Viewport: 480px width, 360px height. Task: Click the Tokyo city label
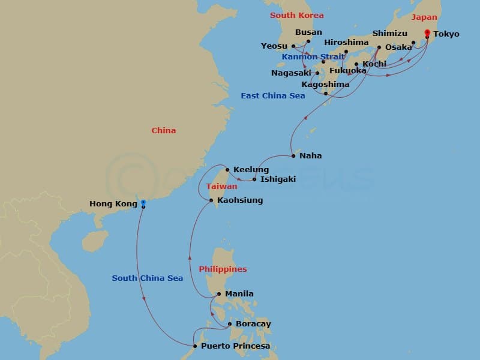(446, 34)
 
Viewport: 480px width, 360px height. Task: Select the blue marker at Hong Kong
(143, 202)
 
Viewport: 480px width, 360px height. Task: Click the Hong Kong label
(113, 204)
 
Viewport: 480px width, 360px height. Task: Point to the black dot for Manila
(220, 294)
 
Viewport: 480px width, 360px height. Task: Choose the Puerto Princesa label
(235, 346)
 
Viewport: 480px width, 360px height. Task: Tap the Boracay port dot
(230, 325)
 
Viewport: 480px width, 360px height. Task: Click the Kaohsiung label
(240, 200)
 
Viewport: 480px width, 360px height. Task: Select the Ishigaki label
(278, 179)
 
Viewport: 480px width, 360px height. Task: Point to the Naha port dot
(293, 157)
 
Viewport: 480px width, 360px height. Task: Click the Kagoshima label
(325, 85)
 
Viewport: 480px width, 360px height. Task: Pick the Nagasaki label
(291, 73)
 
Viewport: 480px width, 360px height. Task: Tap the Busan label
(309, 32)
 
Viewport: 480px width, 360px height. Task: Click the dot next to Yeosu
(293, 46)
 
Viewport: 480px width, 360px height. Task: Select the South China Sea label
(147, 278)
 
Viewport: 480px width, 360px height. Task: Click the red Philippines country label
(223, 269)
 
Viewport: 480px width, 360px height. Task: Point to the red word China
(164, 130)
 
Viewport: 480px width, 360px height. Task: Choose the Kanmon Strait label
(308, 57)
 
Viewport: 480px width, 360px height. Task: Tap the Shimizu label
(390, 33)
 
